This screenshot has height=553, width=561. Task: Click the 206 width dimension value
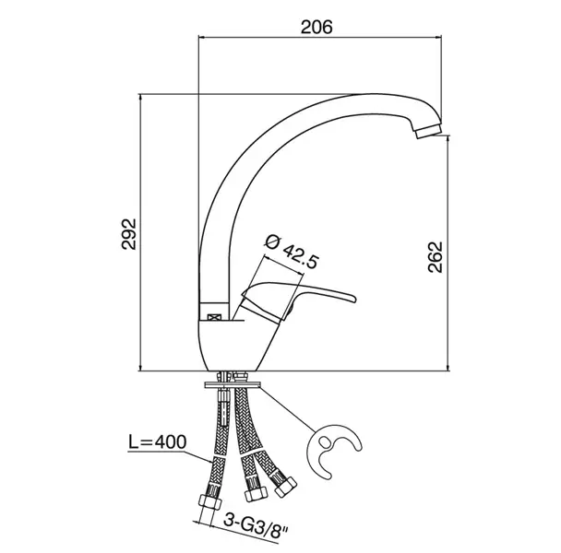(x=316, y=27)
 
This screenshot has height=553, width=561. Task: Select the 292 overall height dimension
(x=129, y=233)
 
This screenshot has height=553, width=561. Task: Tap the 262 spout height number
(x=436, y=257)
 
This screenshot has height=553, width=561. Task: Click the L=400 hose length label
(x=158, y=441)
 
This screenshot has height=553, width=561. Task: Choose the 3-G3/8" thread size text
(x=256, y=527)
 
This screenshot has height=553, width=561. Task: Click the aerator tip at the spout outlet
(x=428, y=131)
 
